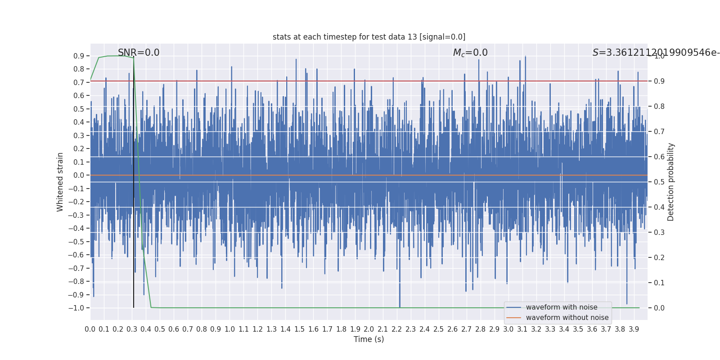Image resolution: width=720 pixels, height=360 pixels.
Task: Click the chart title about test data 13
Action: pyautogui.click(x=369, y=37)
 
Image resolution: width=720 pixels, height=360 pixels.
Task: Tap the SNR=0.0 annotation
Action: pyautogui.click(x=139, y=53)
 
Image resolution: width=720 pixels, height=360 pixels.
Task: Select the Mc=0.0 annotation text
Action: pyautogui.click(x=470, y=53)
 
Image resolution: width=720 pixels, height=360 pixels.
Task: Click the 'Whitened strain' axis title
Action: pyautogui.click(x=60, y=182)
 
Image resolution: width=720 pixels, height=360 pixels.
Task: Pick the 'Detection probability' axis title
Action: pyautogui.click(x=671, y=182)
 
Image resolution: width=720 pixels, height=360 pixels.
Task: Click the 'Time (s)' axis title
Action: pyautogui.click(x=369, y=339)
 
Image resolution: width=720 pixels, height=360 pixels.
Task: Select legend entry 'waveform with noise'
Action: pyautogui.click(x=562, y=307)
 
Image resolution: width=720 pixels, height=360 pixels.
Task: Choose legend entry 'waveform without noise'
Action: pyautogui.click(x=567, y=318)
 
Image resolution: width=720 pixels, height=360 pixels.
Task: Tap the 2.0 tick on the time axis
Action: pyautogui.click(x=369, y=329)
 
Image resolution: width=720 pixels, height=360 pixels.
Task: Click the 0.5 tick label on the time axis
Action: pyautogui.click(x=160, y=329)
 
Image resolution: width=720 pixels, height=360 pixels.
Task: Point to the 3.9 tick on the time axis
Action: pyautogui.click(x=634, y=329)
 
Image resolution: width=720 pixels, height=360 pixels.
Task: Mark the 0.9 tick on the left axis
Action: pyautogui.click(x=79, y=56)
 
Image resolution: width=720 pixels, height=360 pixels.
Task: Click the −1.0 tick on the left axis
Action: pyautogui.click(x=76, y=308)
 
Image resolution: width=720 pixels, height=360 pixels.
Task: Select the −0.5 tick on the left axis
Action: pyautogui.click(x=76, y=242)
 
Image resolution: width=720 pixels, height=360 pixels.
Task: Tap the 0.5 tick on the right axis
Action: pyautogui.click(x=659, y=182)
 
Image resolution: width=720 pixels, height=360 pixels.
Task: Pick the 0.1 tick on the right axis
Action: pyautogui.click(x=659, y=283)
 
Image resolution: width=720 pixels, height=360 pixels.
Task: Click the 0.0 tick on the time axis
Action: pyautogui.click(x=90, y=329)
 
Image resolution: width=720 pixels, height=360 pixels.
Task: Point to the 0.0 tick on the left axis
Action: pyautogui.click(x=79, y=175)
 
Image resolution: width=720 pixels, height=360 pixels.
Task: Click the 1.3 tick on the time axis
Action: pyautogui.click(x=271, y=329)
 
